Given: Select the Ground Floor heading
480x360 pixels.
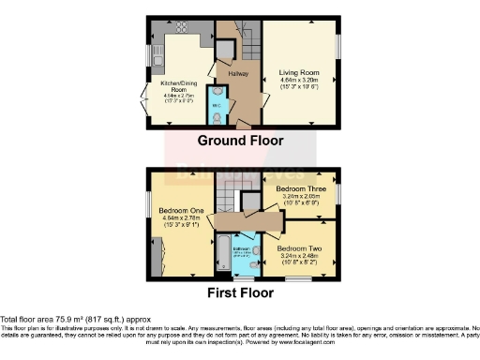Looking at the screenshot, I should pyautogui.click(x=240, y=141).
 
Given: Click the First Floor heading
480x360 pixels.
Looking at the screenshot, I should pyautogui.click(x=240, y=292).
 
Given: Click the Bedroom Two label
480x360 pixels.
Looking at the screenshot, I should pyautogui.click(x=299, y=247).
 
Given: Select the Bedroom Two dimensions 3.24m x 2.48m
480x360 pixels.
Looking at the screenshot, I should pyautogui.click(x=299, y=255).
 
